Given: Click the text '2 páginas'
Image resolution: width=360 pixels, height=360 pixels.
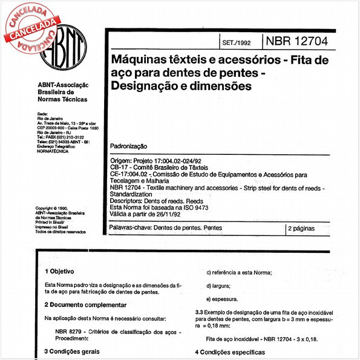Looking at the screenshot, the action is pyautogui.click(x=306, y=229).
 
